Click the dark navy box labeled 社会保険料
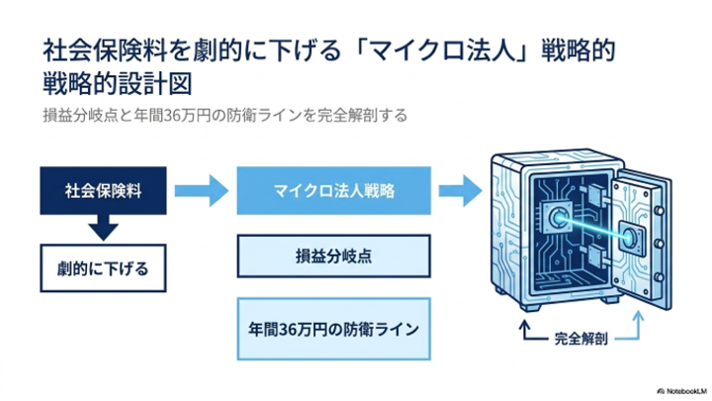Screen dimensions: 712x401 103,190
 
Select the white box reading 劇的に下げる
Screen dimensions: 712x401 103,268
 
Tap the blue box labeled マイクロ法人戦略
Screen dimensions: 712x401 334,190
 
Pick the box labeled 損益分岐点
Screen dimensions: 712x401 334,256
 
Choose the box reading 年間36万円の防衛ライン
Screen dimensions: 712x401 334,329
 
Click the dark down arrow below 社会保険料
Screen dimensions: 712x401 103,227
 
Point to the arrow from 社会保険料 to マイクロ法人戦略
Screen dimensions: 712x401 202,190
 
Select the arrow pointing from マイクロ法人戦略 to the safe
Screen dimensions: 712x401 460,190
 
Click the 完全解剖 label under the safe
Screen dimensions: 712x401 580,339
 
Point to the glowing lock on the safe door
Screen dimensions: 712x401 630,237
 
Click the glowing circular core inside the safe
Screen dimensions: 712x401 557,218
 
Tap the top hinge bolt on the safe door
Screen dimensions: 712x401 658,211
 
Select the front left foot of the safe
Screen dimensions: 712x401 530,307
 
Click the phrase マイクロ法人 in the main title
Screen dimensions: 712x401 442,50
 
